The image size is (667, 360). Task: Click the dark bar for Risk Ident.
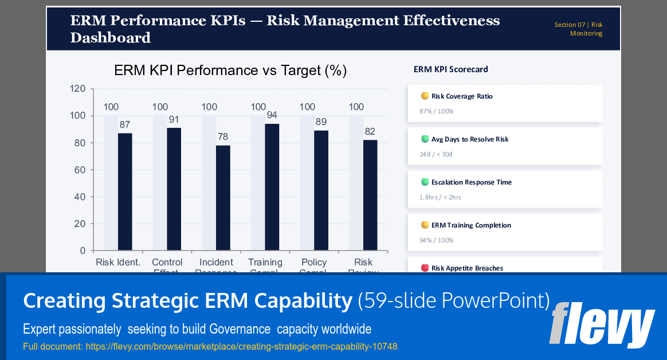125,192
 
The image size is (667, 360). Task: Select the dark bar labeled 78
223,198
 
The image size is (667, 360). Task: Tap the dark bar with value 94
272,187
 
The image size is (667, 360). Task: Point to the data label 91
174,120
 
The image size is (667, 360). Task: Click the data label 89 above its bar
321,122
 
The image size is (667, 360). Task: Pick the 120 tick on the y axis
78,89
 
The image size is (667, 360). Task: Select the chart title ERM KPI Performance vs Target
230,71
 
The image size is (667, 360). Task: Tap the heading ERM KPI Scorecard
451,69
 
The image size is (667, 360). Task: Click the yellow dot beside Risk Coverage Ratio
425,96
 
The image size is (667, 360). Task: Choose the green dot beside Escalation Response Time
425,182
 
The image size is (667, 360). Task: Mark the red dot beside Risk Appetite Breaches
425,268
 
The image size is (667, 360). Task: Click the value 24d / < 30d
435,154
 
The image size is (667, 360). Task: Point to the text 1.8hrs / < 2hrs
440,197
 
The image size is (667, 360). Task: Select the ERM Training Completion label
471,225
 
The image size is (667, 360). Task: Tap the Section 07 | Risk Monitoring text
579,29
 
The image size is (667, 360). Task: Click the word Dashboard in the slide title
111,38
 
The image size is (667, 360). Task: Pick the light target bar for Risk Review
356,183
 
